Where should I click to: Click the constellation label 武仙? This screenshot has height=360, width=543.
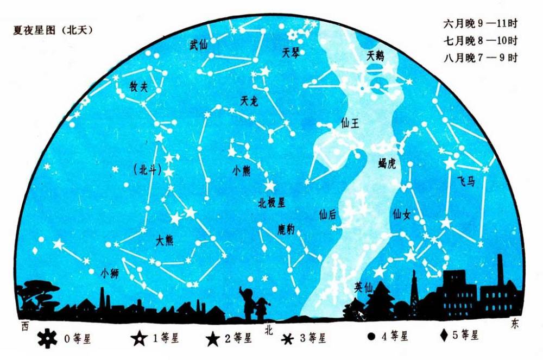[x=198, y=45]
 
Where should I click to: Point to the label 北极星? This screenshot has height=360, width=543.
[x=271, y=203]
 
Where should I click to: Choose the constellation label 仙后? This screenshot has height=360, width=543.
[x=327, y=215]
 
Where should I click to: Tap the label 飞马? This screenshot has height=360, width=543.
[x=465, y=181]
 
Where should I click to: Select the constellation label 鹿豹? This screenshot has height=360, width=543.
[x=286, y=230]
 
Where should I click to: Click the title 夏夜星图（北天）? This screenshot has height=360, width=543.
[x=53, y=30]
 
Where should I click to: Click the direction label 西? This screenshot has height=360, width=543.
[x=24, y=327]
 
